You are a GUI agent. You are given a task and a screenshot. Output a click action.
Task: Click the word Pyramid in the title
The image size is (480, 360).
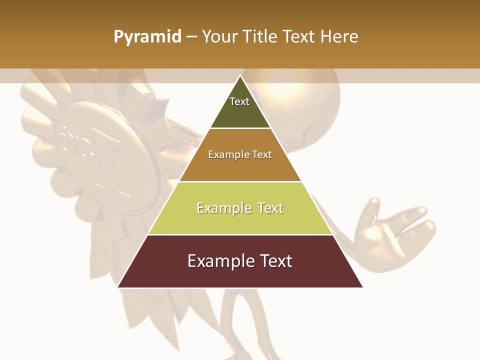(147, 37)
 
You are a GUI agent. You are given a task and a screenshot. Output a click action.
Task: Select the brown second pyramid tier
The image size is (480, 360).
(240, 167)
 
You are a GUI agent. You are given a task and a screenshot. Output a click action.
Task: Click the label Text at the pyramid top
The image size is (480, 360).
(239, 101)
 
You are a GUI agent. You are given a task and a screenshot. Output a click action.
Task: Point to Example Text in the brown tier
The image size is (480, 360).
(240, 154)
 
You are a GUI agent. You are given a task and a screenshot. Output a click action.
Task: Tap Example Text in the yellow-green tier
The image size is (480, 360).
(240, 208)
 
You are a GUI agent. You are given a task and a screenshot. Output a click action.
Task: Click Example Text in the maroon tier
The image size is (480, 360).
(240, 261)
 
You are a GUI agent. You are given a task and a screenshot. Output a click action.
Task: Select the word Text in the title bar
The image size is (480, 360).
(299, 36)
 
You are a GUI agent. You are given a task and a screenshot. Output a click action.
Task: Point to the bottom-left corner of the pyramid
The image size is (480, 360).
(118, 287)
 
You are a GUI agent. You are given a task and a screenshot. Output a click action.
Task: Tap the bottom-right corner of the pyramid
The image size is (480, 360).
(362, 287)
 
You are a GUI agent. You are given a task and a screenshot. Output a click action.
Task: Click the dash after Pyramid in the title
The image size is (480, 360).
(191, 37)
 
